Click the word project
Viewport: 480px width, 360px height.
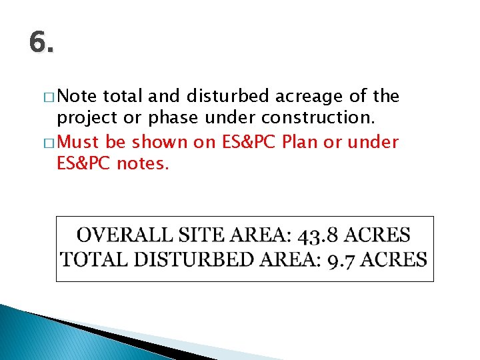[83, 119]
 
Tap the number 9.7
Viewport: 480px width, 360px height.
[344, 260]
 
